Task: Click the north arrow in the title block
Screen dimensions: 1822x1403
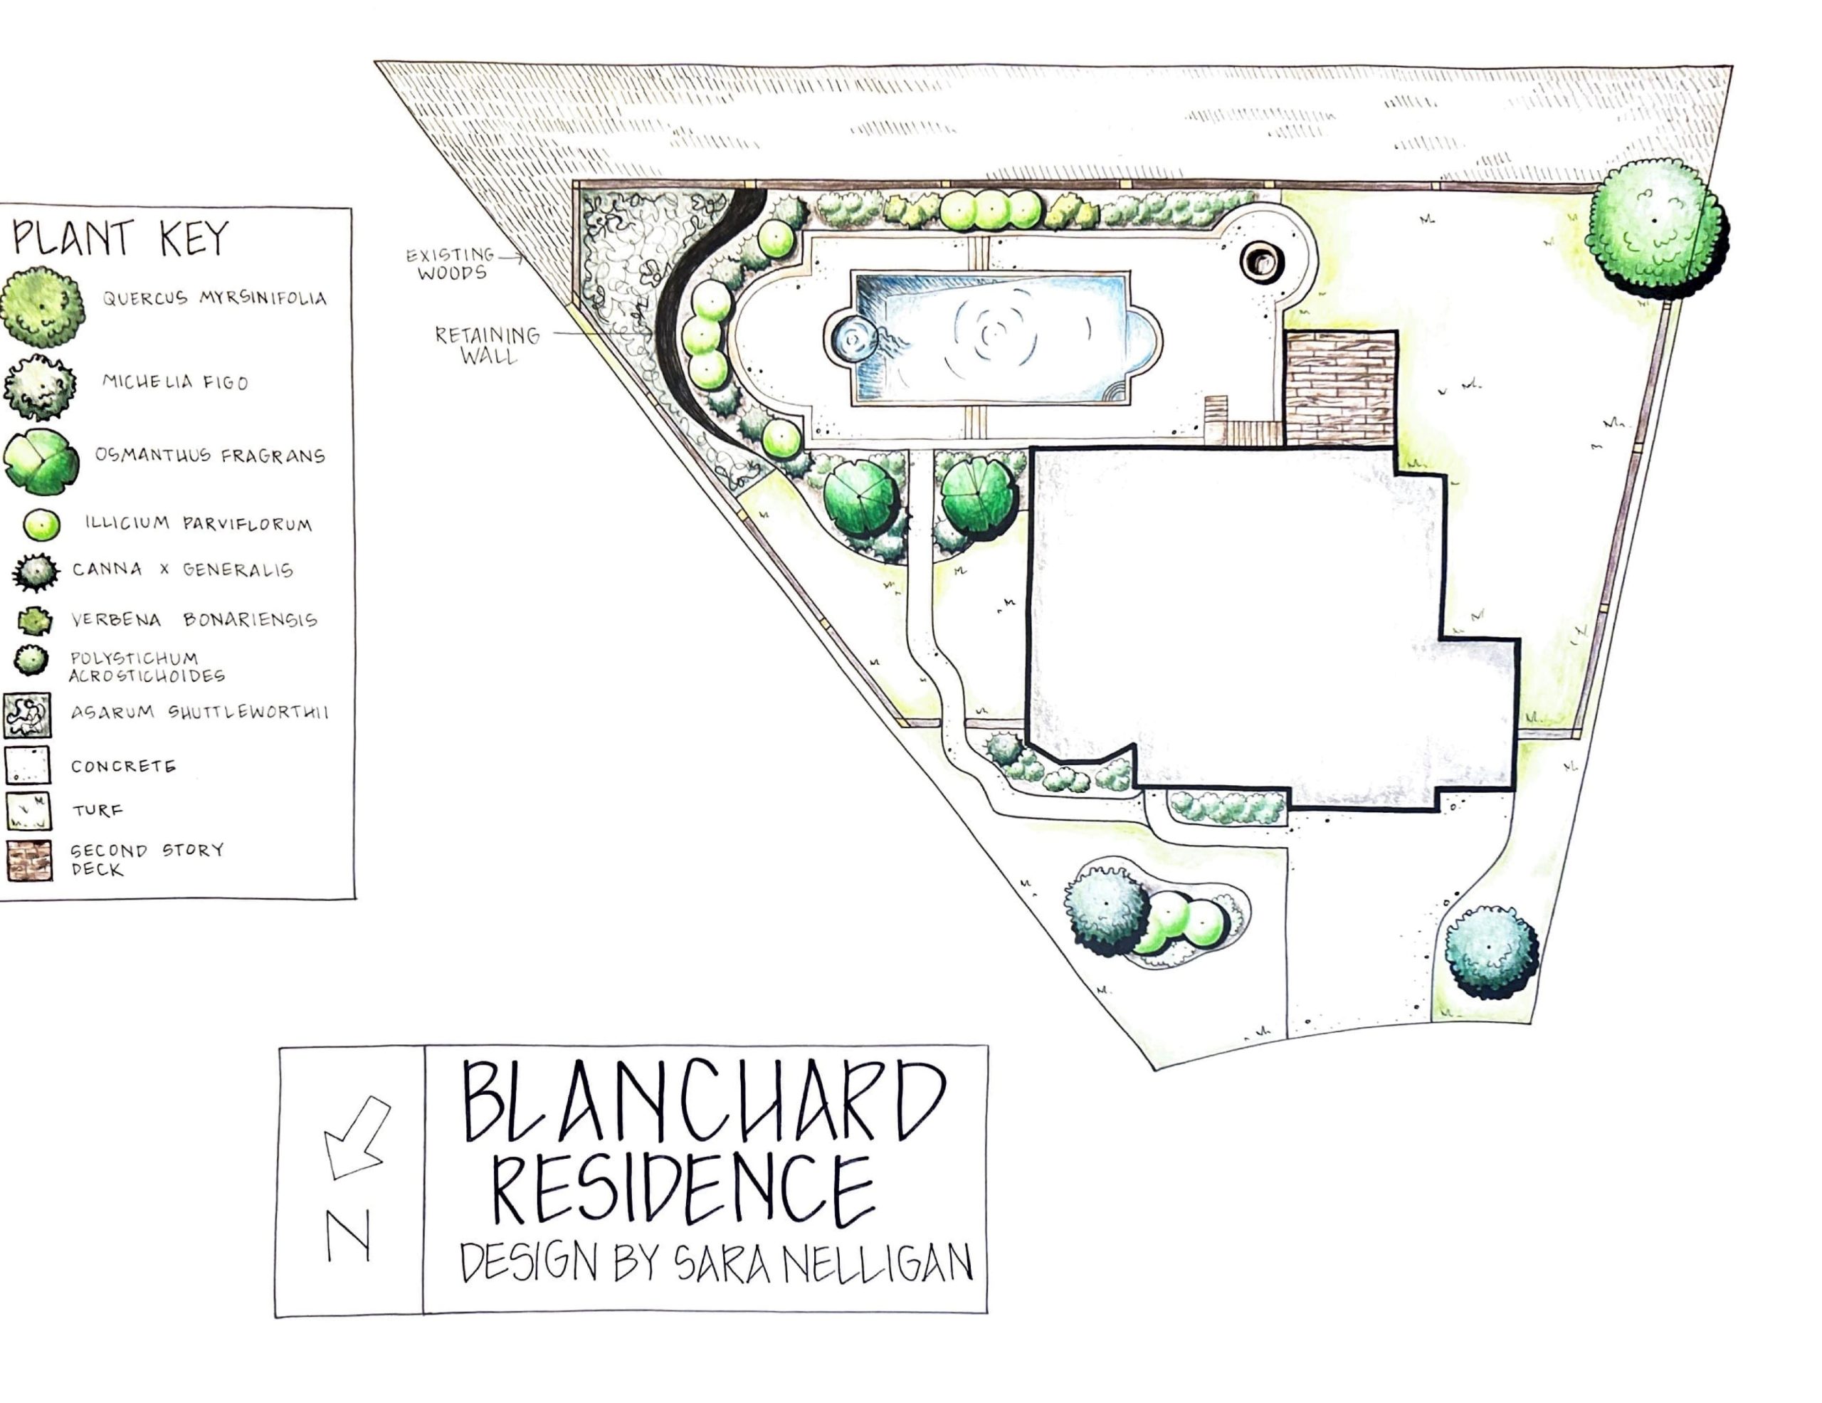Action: tap(357, 1137)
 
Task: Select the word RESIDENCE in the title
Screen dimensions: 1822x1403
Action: tap(683, 1188)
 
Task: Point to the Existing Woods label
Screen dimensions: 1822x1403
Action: tap(451, 263)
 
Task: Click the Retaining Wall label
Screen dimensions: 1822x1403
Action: tap(488, 345)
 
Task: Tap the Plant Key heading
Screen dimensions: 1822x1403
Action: tap(120, 238)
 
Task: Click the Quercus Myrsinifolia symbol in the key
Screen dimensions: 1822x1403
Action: tap(43, 306)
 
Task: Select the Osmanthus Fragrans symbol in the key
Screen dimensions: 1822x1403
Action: tap(41, 461)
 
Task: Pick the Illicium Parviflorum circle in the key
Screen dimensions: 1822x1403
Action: tap(41, 525)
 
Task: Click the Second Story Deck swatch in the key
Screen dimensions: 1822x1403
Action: tap(28, 860)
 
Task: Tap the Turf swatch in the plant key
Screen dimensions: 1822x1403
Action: tap(28, 810)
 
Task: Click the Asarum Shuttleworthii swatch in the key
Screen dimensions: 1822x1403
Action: tap(27, 715)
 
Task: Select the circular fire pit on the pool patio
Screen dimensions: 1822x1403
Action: tap(1260, 262)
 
